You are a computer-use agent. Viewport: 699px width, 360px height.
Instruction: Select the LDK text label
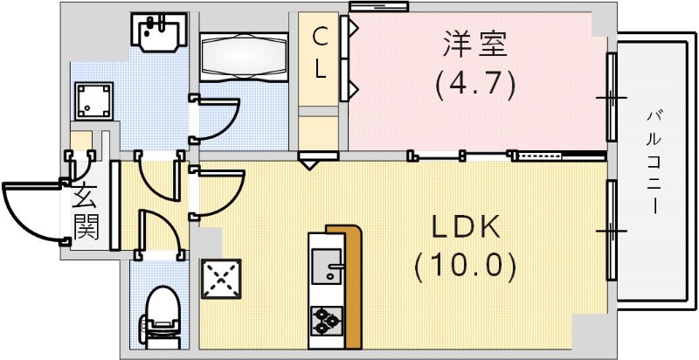tap(466, 227)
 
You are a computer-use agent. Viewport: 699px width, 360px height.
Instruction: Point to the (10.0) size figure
tap(466, 265)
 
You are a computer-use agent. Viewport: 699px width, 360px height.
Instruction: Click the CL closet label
tap(322, 52)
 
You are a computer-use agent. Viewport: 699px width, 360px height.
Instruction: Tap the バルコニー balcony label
tap(654, 162)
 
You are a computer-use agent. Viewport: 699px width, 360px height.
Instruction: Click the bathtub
tap(244, 56)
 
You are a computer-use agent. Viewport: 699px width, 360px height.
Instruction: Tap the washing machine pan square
tap(93, 102)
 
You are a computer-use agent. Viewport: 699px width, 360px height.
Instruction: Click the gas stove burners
tap(325, 321)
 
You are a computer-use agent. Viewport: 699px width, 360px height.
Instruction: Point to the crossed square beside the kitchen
tap(220, 279)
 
